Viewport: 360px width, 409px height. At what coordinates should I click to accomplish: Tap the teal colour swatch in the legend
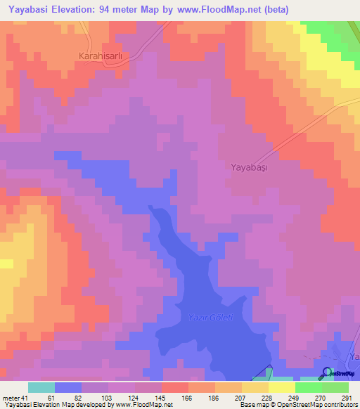(x=41, y=387)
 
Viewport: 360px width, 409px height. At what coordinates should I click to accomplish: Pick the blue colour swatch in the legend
(x=68, y=387)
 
